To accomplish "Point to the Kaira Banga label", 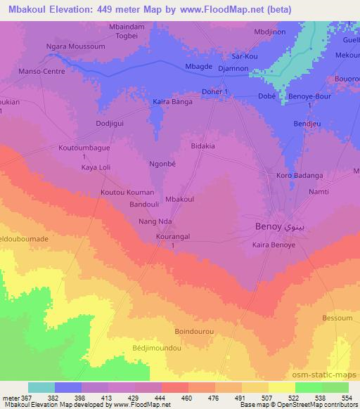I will [x=172, y=102].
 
